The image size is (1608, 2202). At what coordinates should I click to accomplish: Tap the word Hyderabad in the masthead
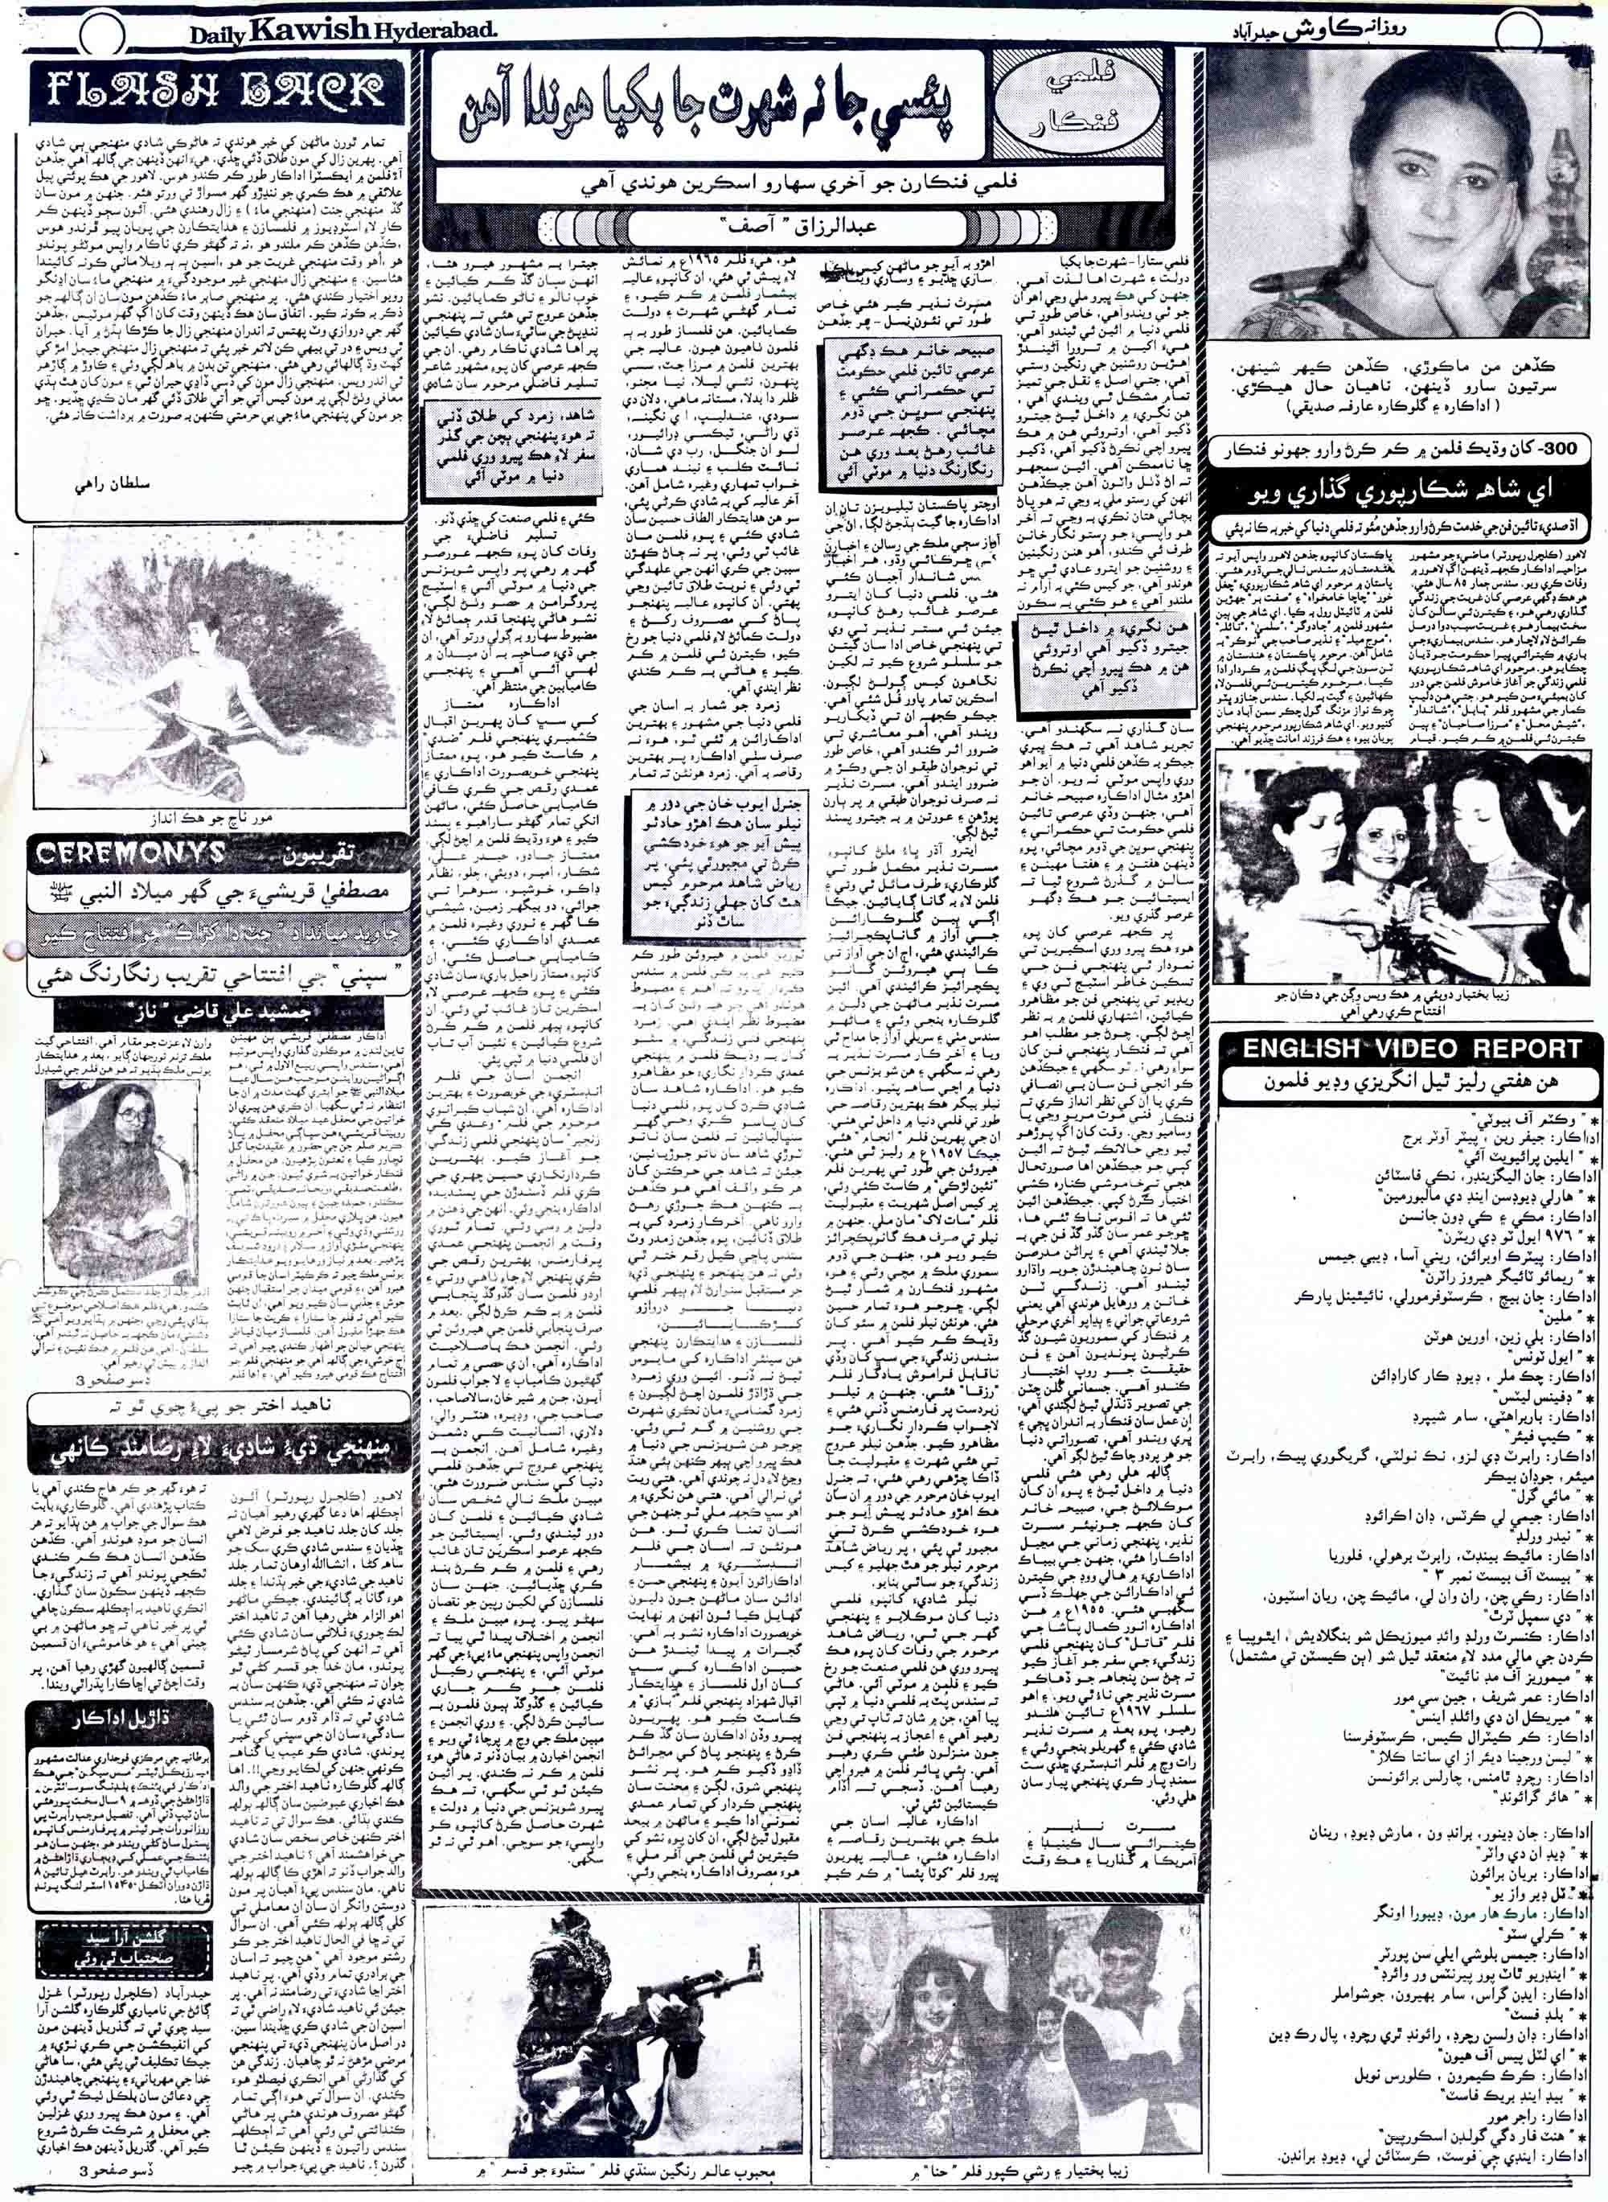click(434, 32)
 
